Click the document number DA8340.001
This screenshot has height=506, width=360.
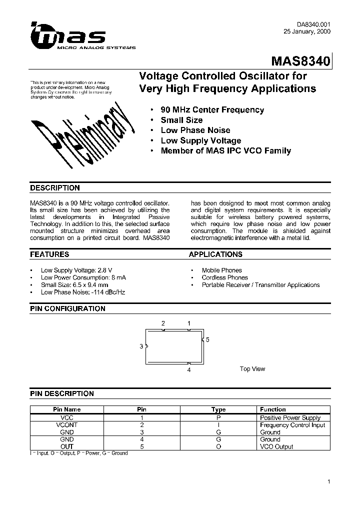(311, 24)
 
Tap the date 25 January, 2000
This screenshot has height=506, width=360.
(306, 31)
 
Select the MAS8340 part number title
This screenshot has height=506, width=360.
(300, 61)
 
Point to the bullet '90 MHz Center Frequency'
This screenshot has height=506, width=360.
(212, 110)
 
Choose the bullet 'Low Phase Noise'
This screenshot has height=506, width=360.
(195, 130)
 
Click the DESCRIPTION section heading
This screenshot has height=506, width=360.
(55, 188)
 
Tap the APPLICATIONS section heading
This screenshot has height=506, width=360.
(215, 254)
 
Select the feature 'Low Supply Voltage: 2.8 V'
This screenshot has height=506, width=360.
(76, 270)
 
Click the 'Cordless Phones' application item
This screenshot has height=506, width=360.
(224, 277)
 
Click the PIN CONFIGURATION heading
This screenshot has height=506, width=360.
(67, 309)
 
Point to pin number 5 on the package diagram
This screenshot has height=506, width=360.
(206, 340)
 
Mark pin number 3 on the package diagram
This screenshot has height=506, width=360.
(141, 346)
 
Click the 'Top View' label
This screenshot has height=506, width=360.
(252, 369)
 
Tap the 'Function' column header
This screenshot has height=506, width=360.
(273, 409)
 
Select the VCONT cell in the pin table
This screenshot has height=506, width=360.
(66, 425)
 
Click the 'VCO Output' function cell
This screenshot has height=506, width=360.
(276, 446)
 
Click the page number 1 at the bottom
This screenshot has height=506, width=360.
(328, 482)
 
